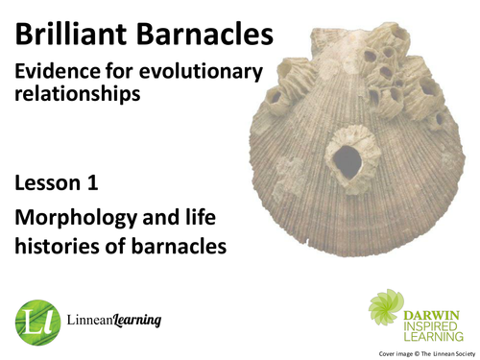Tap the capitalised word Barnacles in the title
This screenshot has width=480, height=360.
coord(206,36)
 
